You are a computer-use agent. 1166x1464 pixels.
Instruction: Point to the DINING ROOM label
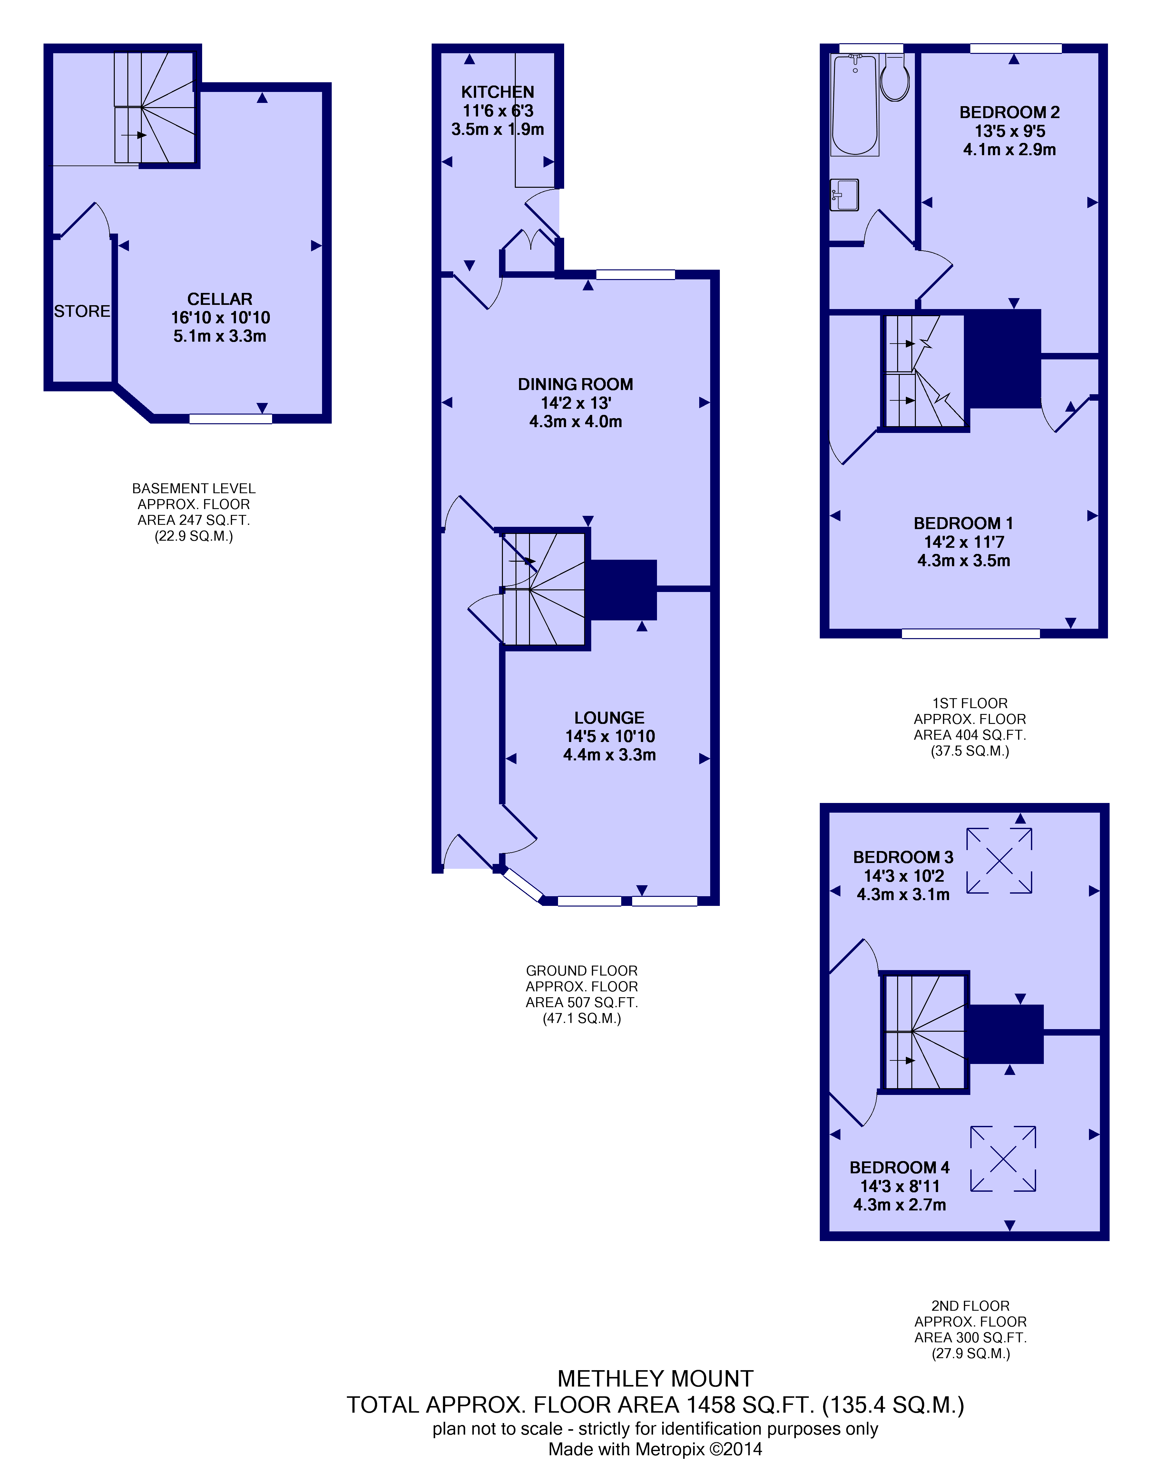click(575, 384)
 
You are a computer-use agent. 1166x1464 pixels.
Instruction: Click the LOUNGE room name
click(610, 718)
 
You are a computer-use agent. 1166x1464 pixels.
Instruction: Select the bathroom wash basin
click(845, 195)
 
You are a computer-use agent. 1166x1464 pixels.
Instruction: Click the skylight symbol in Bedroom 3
click(999, 860)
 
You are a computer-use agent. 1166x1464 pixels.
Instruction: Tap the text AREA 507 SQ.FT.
click(582, 1002)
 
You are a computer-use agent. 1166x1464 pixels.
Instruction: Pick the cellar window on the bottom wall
click(231, 419)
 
